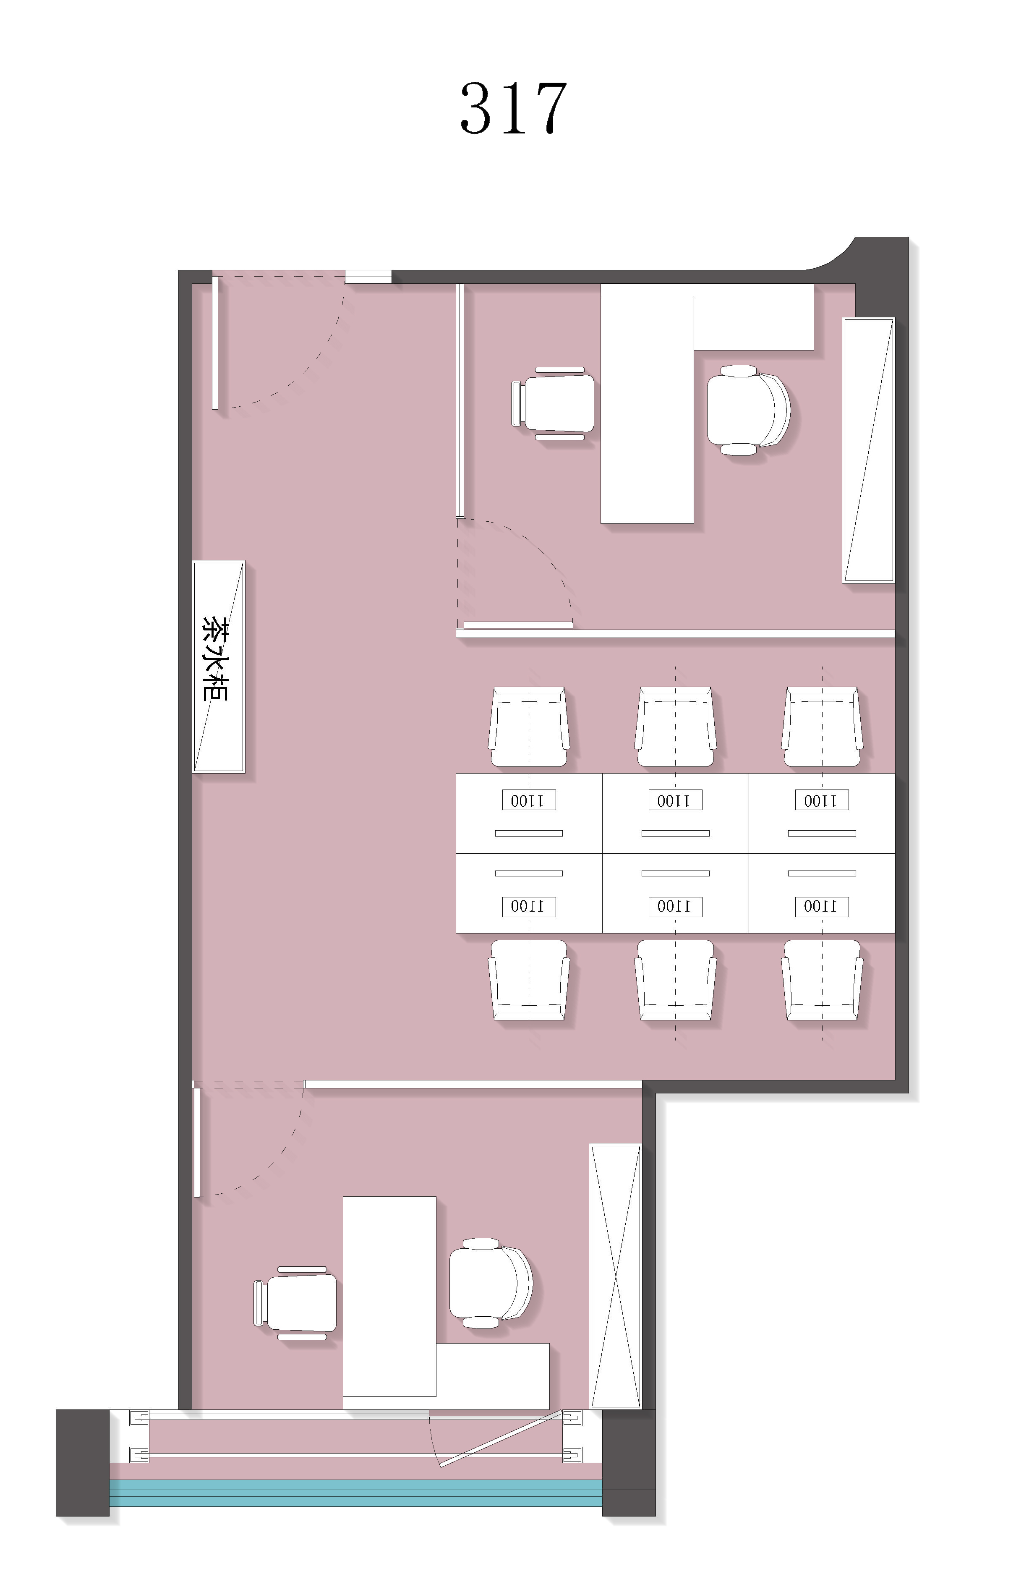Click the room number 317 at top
click(x=513, y=108)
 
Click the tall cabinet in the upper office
click(x=868, y=450)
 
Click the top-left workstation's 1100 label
click(x=528, y=800)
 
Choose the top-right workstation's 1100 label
click(x=821, y=800)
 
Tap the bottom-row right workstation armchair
click(x=822, y=980)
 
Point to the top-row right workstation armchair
click(x=822, y=727)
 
